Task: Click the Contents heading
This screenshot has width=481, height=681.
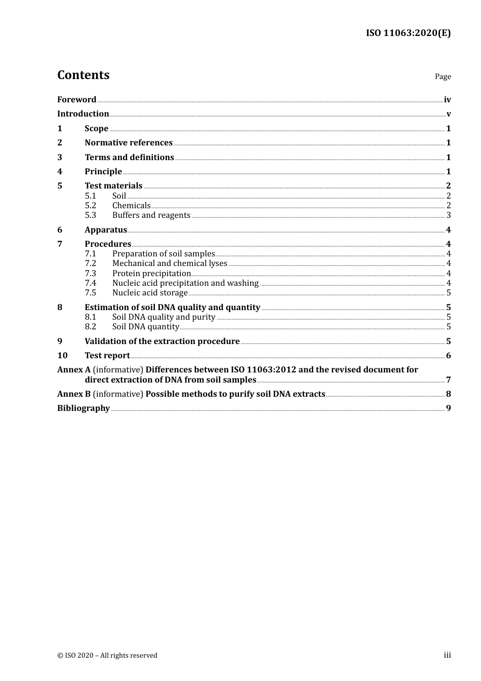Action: pos(83,75)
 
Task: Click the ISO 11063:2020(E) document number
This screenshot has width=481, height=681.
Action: pos(408,33)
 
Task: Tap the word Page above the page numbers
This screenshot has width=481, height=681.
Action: pos(443,77)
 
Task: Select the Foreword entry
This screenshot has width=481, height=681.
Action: pos(76,100)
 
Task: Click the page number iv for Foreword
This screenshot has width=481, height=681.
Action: pos(447,100)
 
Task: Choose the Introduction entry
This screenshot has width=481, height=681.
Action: pos(83,114)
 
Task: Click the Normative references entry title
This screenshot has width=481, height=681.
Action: pos(129,143)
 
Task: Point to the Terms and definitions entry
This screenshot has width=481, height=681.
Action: pos(129,158)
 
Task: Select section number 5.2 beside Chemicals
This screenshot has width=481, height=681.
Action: pos(90,206)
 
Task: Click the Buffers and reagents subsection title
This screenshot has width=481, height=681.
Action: pos(151,215)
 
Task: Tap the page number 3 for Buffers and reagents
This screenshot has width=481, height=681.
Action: pos(449,215)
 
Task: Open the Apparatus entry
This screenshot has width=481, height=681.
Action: pos(105,230)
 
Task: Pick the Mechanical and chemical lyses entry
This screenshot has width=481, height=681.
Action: pos(170,263)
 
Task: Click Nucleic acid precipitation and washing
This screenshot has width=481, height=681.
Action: pos(185,283)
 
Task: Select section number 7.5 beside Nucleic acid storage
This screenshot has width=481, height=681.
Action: pos(90,293)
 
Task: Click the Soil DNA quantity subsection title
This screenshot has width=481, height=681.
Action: pos(145,327)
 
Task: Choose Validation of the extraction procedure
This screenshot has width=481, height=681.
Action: pos(162,342)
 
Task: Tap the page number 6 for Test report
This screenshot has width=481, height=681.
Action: pos(449,356)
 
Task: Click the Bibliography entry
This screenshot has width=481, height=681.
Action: pos(84,408)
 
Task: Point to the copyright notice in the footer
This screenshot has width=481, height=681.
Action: pos(107,656)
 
